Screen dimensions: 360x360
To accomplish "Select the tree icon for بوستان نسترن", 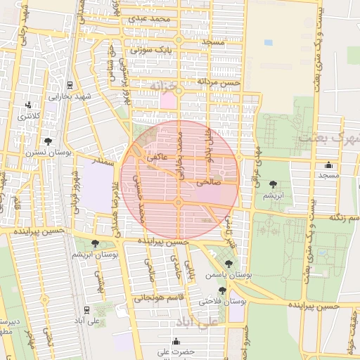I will [x=47, y=141].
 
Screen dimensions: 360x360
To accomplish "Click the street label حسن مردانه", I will [x=219, y=82].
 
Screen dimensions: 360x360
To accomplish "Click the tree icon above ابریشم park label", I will [x=271, y=184].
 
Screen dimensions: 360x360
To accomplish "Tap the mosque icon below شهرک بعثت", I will [x=328, y=165].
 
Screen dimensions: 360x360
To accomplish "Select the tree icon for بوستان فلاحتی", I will [x=222, y=290].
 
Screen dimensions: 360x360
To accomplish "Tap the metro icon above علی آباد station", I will [x=86, y=309].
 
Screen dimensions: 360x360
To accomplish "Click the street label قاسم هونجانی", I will [x=153, y=298].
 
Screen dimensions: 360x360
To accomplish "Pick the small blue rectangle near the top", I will [x=268, y=42].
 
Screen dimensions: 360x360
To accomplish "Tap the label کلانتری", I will [x=30, y=116].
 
